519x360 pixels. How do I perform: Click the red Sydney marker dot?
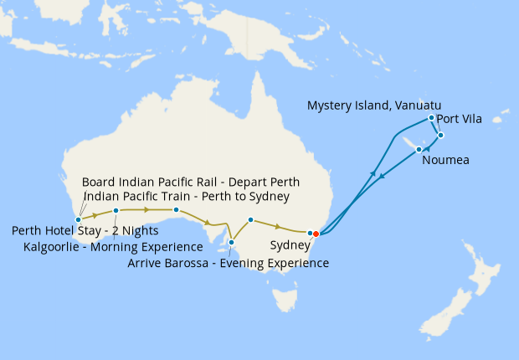[x=316, y=234]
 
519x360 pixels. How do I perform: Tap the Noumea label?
[x=444, y=160]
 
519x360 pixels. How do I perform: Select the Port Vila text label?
[x=458, y=119]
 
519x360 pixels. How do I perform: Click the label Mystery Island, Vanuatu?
[x=374, y=105]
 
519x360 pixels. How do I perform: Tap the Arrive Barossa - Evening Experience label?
[x=228, y=263]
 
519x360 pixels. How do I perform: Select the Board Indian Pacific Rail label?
[x=191, y=182]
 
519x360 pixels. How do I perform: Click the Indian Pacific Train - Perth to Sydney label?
[x=187, y=197]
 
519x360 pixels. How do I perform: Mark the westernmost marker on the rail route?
[x=79, y=219]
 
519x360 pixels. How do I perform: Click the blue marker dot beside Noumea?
[x=419, y=149]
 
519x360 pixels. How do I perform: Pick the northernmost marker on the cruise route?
[x=431, y=117]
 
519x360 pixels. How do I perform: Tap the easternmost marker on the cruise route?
[x=440, y=135]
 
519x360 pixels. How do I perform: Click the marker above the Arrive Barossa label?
[x=231, y=242]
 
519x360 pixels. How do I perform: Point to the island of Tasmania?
[x=285, y=296]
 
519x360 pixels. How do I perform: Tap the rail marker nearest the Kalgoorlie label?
[x=116, y=210]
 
